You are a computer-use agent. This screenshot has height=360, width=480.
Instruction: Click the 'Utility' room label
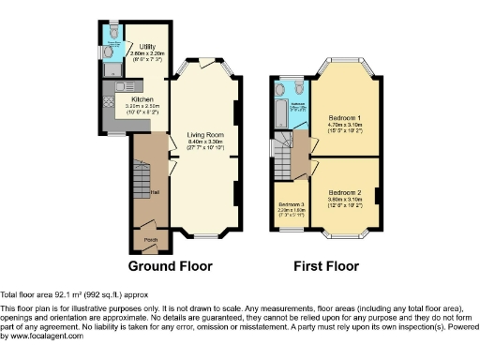[x=147, y=47]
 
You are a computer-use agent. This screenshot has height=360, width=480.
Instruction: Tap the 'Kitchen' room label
[x=142, y=97]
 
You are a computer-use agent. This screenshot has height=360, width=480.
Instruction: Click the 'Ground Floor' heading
[x=170, y=266]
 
